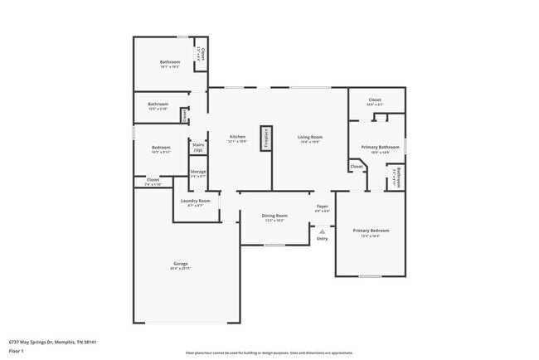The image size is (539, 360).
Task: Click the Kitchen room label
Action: pos(237,136)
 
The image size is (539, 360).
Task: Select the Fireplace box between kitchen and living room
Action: pos(265,139)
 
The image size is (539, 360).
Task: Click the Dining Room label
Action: pos(274,215)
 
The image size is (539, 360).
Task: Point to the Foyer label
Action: pos(322,206)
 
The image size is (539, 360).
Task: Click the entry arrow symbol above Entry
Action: pos(322,227)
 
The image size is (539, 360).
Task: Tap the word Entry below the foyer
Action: pos(322,239)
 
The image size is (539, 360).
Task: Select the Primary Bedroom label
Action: pos(371,230)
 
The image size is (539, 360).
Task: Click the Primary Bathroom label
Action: pos(375,147)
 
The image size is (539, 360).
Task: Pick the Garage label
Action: pos(180,263)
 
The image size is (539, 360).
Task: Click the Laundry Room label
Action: pos(195,201)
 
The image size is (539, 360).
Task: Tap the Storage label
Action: pos(198,172)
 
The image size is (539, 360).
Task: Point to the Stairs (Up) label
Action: pos(198,147)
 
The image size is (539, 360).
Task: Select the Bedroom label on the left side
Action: pos(161,148)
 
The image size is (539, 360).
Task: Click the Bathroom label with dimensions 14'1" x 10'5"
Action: pos(170,62)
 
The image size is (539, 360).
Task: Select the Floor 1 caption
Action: pos(16,350)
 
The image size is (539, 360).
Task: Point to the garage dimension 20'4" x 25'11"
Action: pos(180,268)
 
